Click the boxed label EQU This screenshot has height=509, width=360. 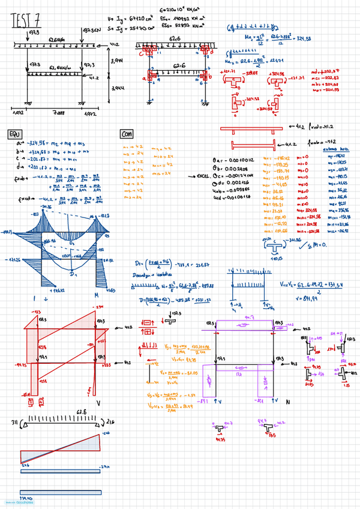click(x=14, y=134)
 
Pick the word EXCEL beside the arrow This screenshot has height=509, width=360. click(x=204, y=177)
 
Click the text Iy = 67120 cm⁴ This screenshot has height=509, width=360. click(x=129, y=19)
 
